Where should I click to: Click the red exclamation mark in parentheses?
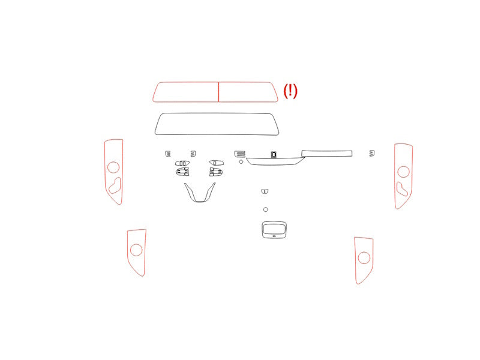pyautogui.click(x=290, y=91)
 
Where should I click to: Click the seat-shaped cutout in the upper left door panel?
pyautogui.click(x=115, y=185)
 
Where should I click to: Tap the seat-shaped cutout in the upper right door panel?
pyautogui.click(x=401, y=189)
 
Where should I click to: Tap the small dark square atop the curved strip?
pyautogui.click(x=274, y=154)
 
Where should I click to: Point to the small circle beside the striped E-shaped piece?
pyautogui.click(x=241, y=161)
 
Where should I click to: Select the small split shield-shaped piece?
pyautogui.click(x=265, y=191)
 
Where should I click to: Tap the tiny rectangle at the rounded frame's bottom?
pyautogui.click(x=274, y=236)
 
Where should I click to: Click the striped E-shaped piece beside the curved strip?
pyautogui.click(x=240, y=154)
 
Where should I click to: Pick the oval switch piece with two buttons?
pyautogui.click(x=182, y=163)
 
